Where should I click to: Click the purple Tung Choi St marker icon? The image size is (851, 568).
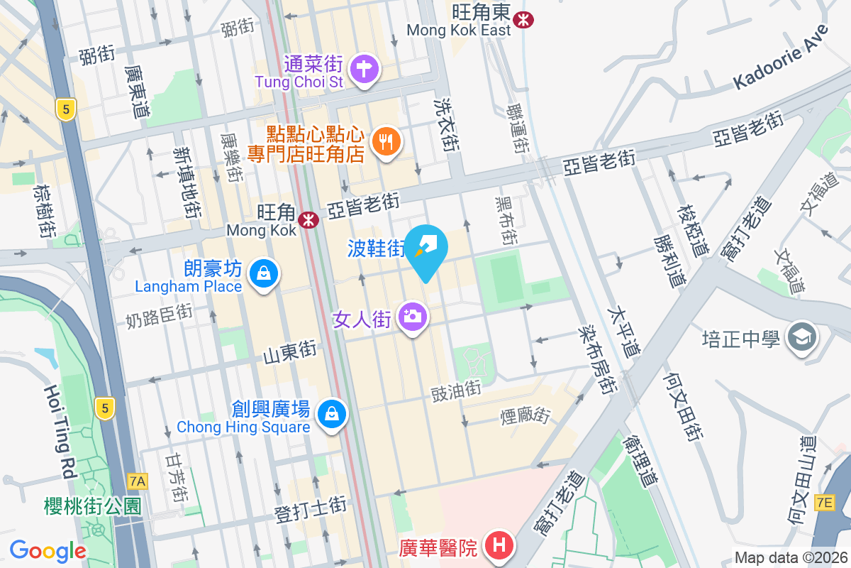pos(365,70)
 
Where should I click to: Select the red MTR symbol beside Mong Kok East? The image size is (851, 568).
pos(525,20)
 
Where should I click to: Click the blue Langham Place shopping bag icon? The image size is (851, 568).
pos(263,273)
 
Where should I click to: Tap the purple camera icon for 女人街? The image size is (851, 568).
pos(412,316)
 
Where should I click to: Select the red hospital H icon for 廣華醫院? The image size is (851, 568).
pos(499,546)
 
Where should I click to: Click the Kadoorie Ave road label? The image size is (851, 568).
pos(781,57)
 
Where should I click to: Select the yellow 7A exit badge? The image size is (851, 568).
pos(138,481)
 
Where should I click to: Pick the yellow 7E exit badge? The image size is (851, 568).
pos(824,503)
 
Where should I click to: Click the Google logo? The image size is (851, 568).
pos(48,550)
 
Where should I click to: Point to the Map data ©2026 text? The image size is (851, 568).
pos(789,557)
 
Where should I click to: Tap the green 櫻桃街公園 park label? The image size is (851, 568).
pos(92,506)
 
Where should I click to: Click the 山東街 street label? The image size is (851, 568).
pos(289,350)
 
